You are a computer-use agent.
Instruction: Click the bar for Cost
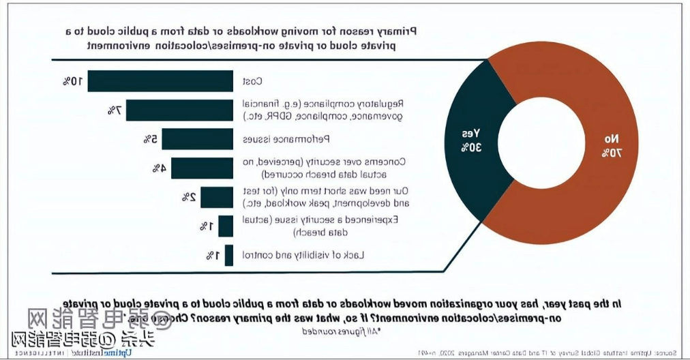point(160,81)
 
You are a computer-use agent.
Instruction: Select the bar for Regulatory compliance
point(179,110)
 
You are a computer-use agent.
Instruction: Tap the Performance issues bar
point(197,139)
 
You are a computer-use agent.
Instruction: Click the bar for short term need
point(217,197)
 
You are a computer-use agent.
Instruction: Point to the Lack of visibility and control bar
point(229,255)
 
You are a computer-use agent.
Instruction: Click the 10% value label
point(72,81)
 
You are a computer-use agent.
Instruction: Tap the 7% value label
point(114,110)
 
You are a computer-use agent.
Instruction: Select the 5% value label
point(150,139)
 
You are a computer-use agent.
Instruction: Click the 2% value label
point(188,197)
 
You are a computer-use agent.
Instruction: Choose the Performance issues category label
point(287,140)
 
